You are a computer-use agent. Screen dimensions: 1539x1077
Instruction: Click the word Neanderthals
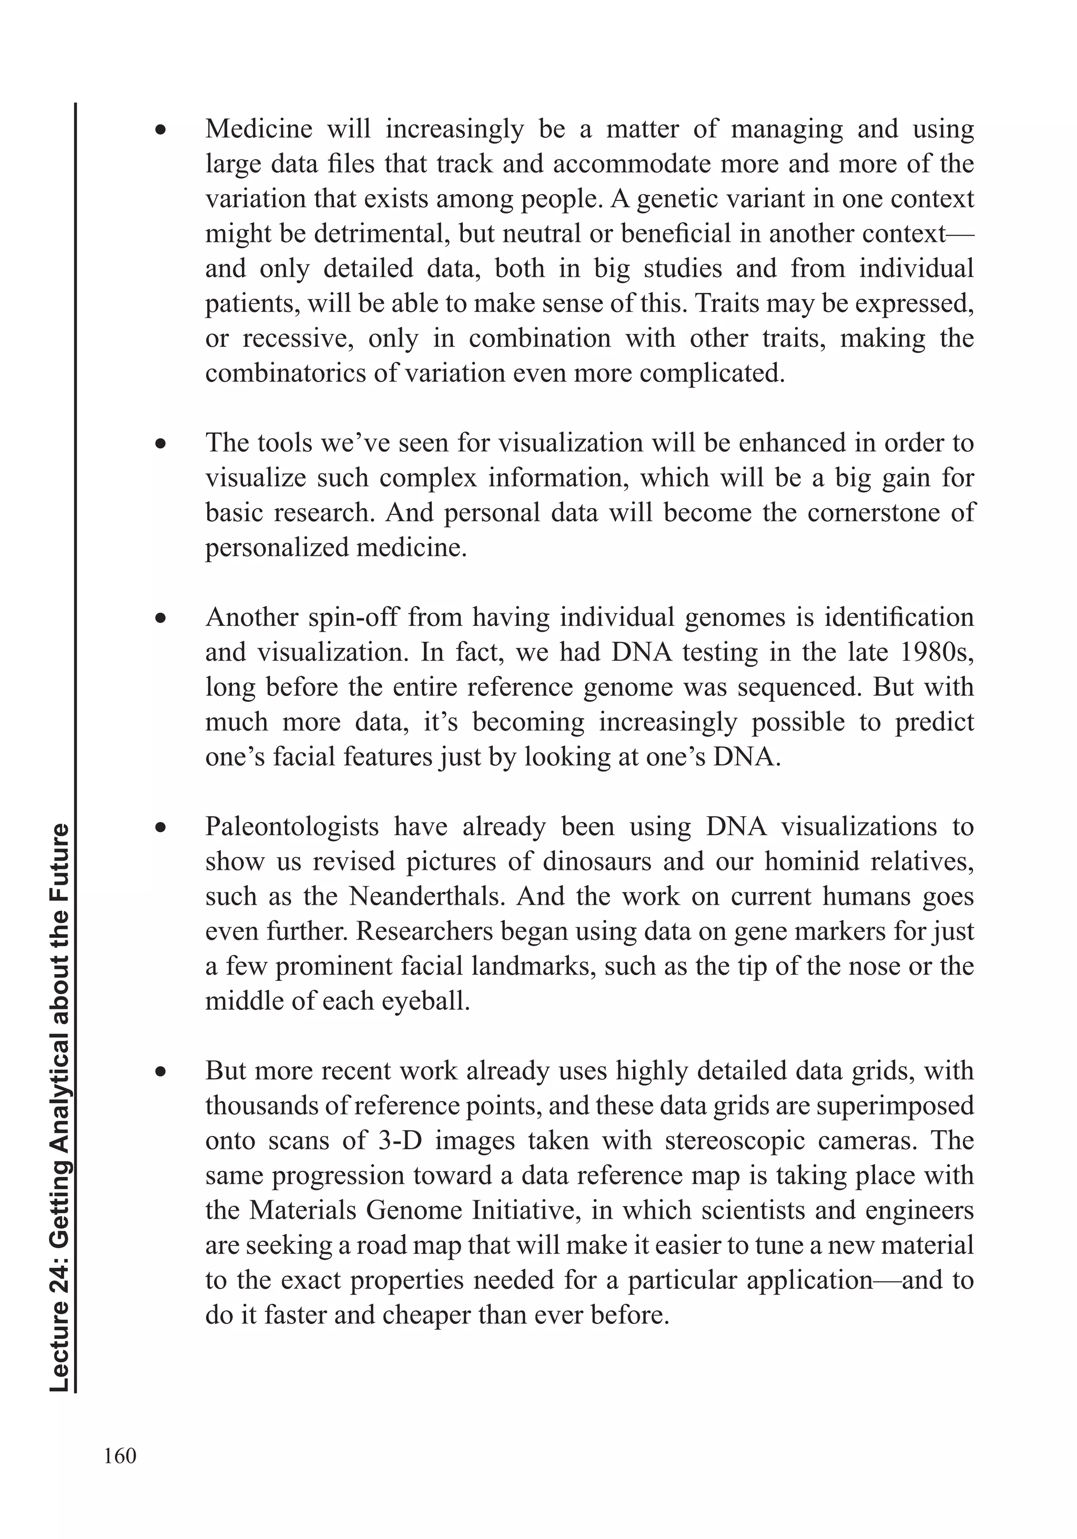click(427, 896)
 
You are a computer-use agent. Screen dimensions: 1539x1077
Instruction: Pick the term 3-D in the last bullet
click(400, 1140)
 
